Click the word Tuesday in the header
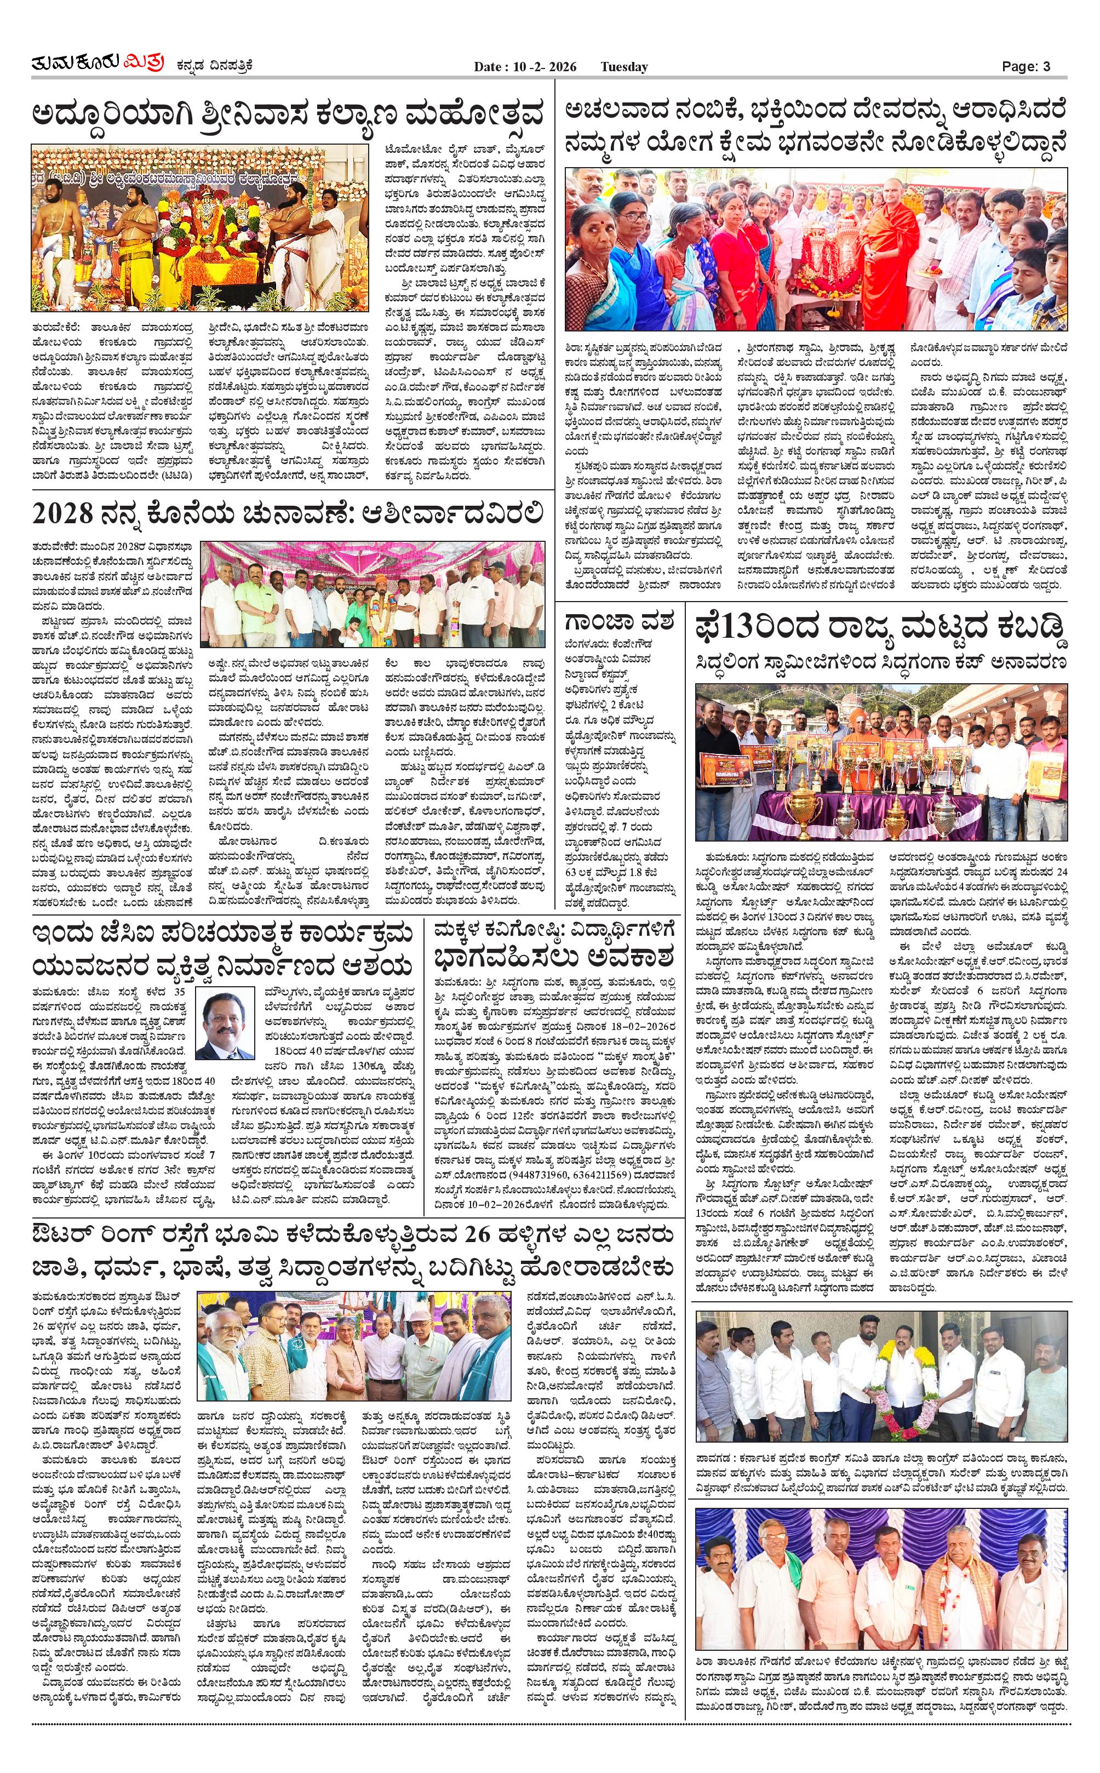pyautogui.click(x=623, y=67)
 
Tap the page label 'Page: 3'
pyautogui.click(x=1026, y=67)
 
